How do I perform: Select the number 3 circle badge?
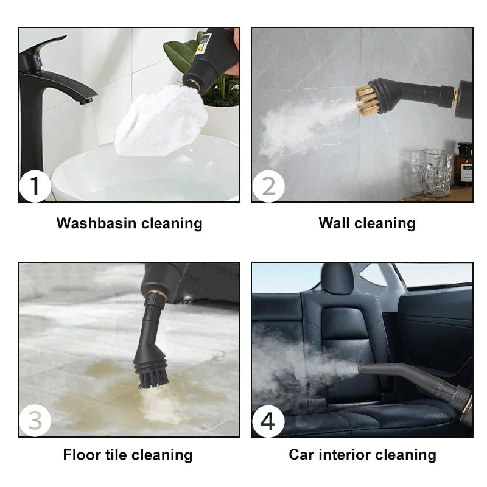click(x=35, y=421)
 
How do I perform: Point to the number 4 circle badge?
click(x=268, y=421)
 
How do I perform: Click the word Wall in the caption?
click(x=334, y=223)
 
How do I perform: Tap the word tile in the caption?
click(x=116, y=455)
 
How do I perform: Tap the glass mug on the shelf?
click(x=436, y=172)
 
